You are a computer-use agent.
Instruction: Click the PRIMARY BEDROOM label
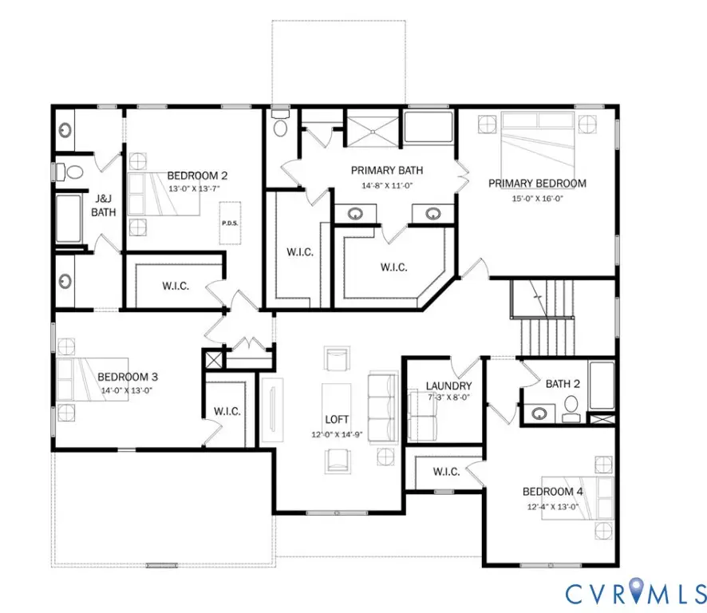click(537, 184)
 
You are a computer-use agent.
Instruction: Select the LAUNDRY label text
click(448, 386)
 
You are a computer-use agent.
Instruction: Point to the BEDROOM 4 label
click(553, 492)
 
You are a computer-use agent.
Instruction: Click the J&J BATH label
click(104, 206)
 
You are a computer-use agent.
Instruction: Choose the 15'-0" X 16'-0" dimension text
click(537, 199)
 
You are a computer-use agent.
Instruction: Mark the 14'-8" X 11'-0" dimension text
click(387, 184)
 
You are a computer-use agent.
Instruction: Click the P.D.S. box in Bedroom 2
click(231, 223)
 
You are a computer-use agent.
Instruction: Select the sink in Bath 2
click(540, 413)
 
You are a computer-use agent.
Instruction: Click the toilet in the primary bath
click(278, 126)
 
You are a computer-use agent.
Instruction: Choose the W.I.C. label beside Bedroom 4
click(446, 472)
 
